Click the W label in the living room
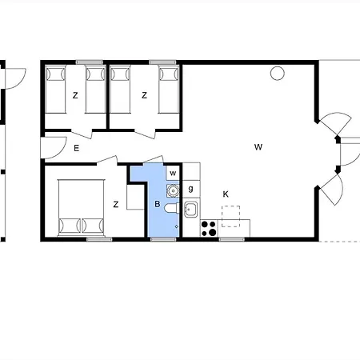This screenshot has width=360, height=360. (258, 146)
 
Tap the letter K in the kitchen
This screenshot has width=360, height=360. (226, 194)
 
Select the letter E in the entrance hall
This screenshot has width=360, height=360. (76, 148)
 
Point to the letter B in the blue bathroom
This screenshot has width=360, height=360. (158, 205)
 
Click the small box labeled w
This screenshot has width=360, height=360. (173, 174)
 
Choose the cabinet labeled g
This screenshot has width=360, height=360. (190, 189)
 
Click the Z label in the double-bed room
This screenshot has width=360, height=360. (116, 205)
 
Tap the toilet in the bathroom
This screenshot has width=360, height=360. (171, 212)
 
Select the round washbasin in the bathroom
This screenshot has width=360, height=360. (172, 190)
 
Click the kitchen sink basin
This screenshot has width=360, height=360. (191, 210)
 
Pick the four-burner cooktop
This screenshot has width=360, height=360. (209, 229)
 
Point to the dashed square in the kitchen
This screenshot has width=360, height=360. (231, 215)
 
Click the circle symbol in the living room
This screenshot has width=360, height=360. (277, 74)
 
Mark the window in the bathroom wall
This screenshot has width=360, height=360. (161, 239)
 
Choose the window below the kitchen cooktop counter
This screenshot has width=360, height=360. (231, 239)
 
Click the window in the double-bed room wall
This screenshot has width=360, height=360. (98, 239)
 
